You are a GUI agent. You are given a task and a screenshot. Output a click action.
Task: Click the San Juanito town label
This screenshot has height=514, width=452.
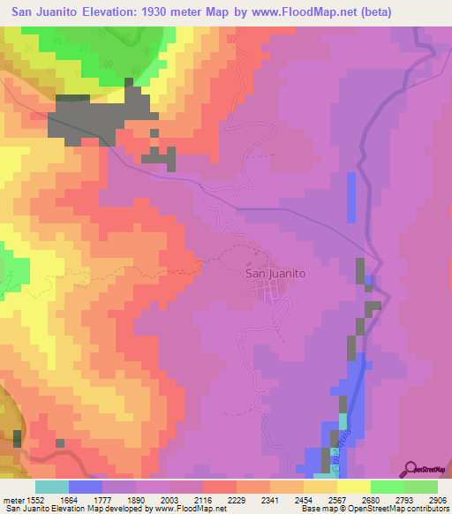(274, 274)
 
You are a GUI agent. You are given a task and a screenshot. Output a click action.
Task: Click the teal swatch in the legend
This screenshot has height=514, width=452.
(52, 487)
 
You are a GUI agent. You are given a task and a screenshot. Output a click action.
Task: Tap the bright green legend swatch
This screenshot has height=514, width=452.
(387, 487)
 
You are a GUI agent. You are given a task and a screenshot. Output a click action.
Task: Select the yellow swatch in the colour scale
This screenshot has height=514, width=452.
(353, 487)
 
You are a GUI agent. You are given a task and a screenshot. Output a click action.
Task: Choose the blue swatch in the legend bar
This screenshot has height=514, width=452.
(86, 487)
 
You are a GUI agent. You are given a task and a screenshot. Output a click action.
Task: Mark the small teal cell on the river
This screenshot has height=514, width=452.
(343, 405)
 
